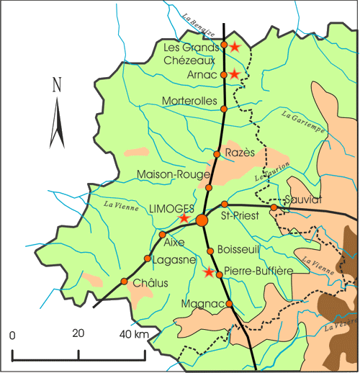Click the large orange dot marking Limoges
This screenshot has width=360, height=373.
click(x=202, y=219)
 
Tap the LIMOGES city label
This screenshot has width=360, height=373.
click(x=171, y=207)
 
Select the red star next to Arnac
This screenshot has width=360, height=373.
click(x=234, y=74)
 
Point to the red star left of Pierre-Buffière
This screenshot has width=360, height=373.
click(x=210, y=273)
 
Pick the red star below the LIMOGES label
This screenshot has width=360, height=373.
click(x=184, y=217)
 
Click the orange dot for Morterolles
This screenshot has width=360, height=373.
click(x=224, y=109)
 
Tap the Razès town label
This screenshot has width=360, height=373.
click(x=240, y=153)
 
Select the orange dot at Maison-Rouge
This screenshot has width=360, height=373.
click(x=209, y=188)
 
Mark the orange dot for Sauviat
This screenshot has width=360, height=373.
click(x=274, y=208)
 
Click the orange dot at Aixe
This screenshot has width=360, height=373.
click(x=162, y=235)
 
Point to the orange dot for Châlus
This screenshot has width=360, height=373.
click(x=125, y=281)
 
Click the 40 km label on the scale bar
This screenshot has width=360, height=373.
click(x=134, y=335)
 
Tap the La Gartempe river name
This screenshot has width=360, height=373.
click(x=304, y=120)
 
